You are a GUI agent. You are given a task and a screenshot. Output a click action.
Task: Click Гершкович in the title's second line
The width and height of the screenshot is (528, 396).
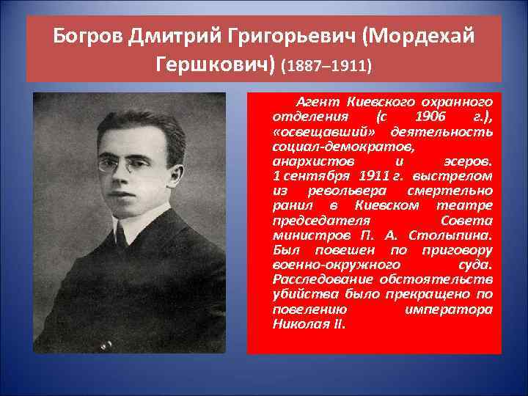point(216,66)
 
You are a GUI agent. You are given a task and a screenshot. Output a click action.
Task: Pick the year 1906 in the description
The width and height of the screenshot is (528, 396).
point(428,117)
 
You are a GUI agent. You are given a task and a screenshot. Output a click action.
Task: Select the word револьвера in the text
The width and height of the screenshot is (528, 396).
point(339,191)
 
